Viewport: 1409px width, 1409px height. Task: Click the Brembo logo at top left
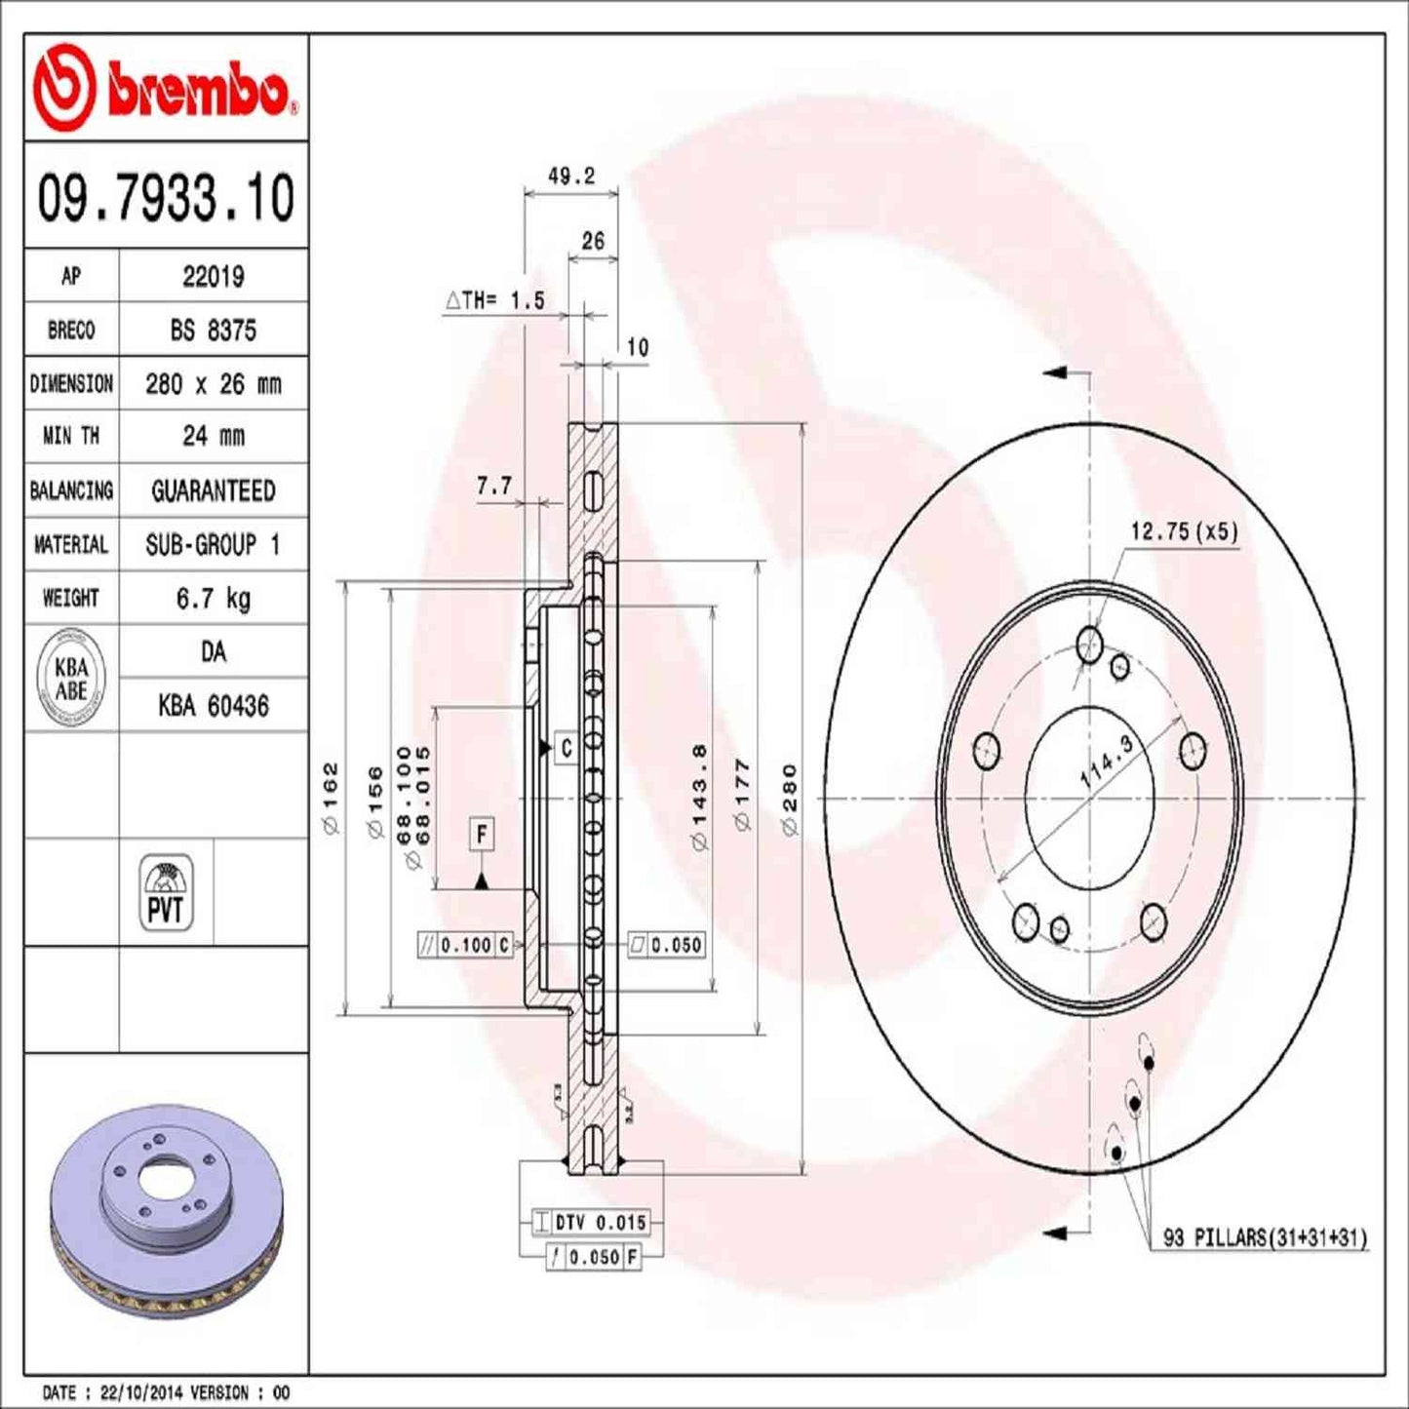click(x=164, y=88)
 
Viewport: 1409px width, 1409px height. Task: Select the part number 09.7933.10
click(x=166, y=197)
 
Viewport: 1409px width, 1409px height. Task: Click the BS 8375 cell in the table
click(x=213, y=331)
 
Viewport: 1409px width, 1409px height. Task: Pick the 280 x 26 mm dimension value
click(x=213, y=384)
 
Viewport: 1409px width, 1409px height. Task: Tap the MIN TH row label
click(x=71, y=436)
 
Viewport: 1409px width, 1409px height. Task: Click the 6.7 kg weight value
click(x=213, y=598)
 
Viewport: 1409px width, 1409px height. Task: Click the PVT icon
click(x=166, y=892)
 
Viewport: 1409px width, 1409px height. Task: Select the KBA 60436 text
click(x=213, y=706)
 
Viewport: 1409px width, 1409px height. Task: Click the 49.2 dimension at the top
click(x=570, y=176)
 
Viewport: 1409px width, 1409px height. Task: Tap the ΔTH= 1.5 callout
click(x=495, y=300)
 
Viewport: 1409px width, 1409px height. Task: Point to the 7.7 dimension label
click(x=493, y=486)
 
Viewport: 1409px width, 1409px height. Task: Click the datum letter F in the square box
click(x=481, y=835)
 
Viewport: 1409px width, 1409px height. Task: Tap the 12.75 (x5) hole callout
click(x=1183, y=531)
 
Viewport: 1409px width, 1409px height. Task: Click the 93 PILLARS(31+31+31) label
click(x=1265, y=1238)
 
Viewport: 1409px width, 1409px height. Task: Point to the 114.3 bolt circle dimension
click(x=1107, y=763)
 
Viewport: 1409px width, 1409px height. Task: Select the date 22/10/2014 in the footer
click(x=145, y=1392)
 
